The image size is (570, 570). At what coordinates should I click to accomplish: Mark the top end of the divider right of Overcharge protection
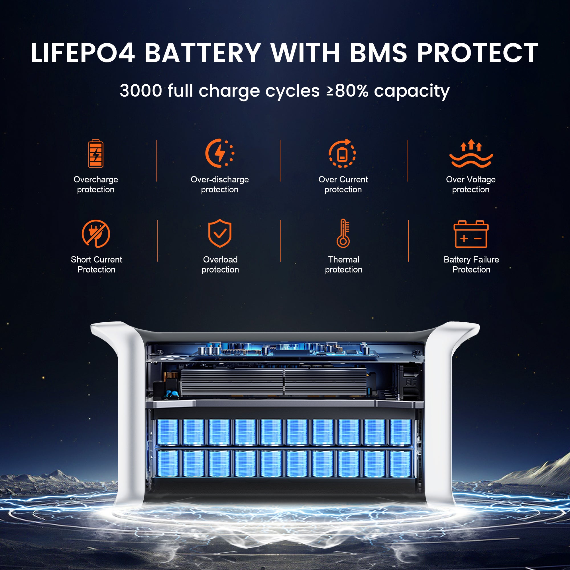(157, 140)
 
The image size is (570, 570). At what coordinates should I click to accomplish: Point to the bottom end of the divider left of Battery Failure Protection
(408, 261)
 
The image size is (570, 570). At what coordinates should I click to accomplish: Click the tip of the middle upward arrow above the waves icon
(471, 139)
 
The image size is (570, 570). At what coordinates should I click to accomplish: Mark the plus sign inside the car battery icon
(464, 238)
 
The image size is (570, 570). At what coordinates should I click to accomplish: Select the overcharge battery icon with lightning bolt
(95, 153)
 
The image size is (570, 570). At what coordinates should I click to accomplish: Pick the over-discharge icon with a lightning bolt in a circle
(219, 153)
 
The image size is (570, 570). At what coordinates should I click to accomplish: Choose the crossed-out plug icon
(96, 234)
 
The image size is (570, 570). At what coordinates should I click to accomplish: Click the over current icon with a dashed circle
(343, 153)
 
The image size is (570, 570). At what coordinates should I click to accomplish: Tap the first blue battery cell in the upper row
(168, 432)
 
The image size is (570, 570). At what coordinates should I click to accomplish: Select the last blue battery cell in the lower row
(400, 463)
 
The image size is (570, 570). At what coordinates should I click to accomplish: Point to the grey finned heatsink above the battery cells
(273, 382)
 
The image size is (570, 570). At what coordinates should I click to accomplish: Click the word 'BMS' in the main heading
(379, 53)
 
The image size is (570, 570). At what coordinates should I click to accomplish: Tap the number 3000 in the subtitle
(141, 91)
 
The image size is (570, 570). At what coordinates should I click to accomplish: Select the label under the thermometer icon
(344, 264)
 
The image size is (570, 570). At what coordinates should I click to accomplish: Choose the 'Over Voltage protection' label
(471, 184)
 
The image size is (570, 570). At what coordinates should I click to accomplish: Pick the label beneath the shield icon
(220, 264)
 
